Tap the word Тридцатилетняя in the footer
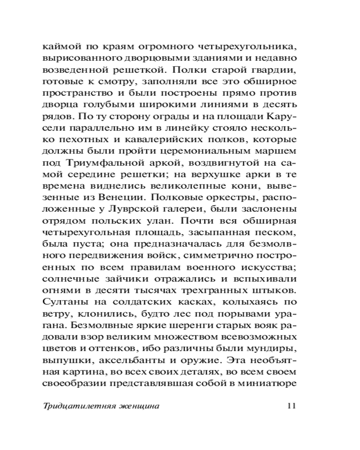pos(81,406)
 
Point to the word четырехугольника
pos(252,46)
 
